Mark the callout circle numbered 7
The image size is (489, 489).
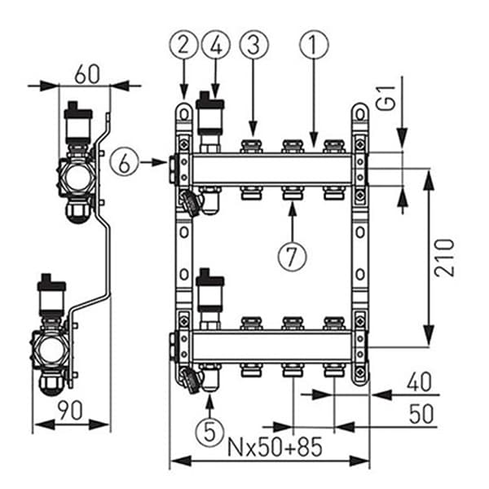pos(291,253)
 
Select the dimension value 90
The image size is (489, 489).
pos(70,409)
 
